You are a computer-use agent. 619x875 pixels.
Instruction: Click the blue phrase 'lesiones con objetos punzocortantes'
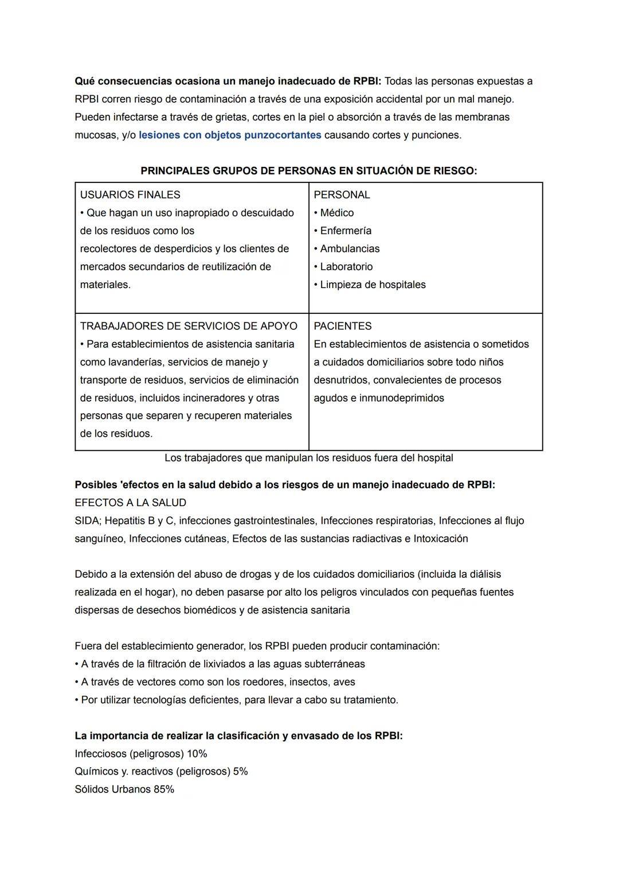coord(230,135)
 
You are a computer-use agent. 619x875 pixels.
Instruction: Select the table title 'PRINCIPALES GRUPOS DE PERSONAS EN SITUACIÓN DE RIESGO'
coord(308,171)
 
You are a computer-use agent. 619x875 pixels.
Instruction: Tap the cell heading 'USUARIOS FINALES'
coord(130,195)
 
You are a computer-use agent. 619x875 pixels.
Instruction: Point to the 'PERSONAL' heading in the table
coord(342,195)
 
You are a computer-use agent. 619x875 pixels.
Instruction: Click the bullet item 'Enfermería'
coord(346,231)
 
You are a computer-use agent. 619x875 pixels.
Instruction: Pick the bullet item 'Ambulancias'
coord(350,248)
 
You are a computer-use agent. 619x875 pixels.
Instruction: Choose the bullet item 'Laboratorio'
coord(346,266)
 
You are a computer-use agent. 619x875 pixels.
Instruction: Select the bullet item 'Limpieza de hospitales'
coord(373,285)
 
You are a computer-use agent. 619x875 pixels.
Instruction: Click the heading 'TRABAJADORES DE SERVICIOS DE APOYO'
coord(189,326)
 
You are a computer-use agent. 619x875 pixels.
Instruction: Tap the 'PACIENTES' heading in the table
coord(343,326)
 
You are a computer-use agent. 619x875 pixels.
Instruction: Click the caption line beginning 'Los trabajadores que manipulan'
coord(308,458)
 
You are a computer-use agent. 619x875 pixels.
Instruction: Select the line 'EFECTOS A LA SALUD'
coord(130,503)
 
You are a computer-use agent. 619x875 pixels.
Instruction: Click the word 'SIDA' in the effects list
coord(87,520)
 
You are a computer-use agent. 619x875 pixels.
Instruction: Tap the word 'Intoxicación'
coord(441,539)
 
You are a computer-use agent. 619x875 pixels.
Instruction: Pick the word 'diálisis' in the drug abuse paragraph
coord(485,574)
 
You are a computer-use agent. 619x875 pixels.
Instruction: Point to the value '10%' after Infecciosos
coord(197,753)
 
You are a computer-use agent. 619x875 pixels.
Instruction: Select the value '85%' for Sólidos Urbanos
coord(164,789)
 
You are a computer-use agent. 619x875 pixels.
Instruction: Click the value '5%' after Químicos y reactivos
coord(240,771)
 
